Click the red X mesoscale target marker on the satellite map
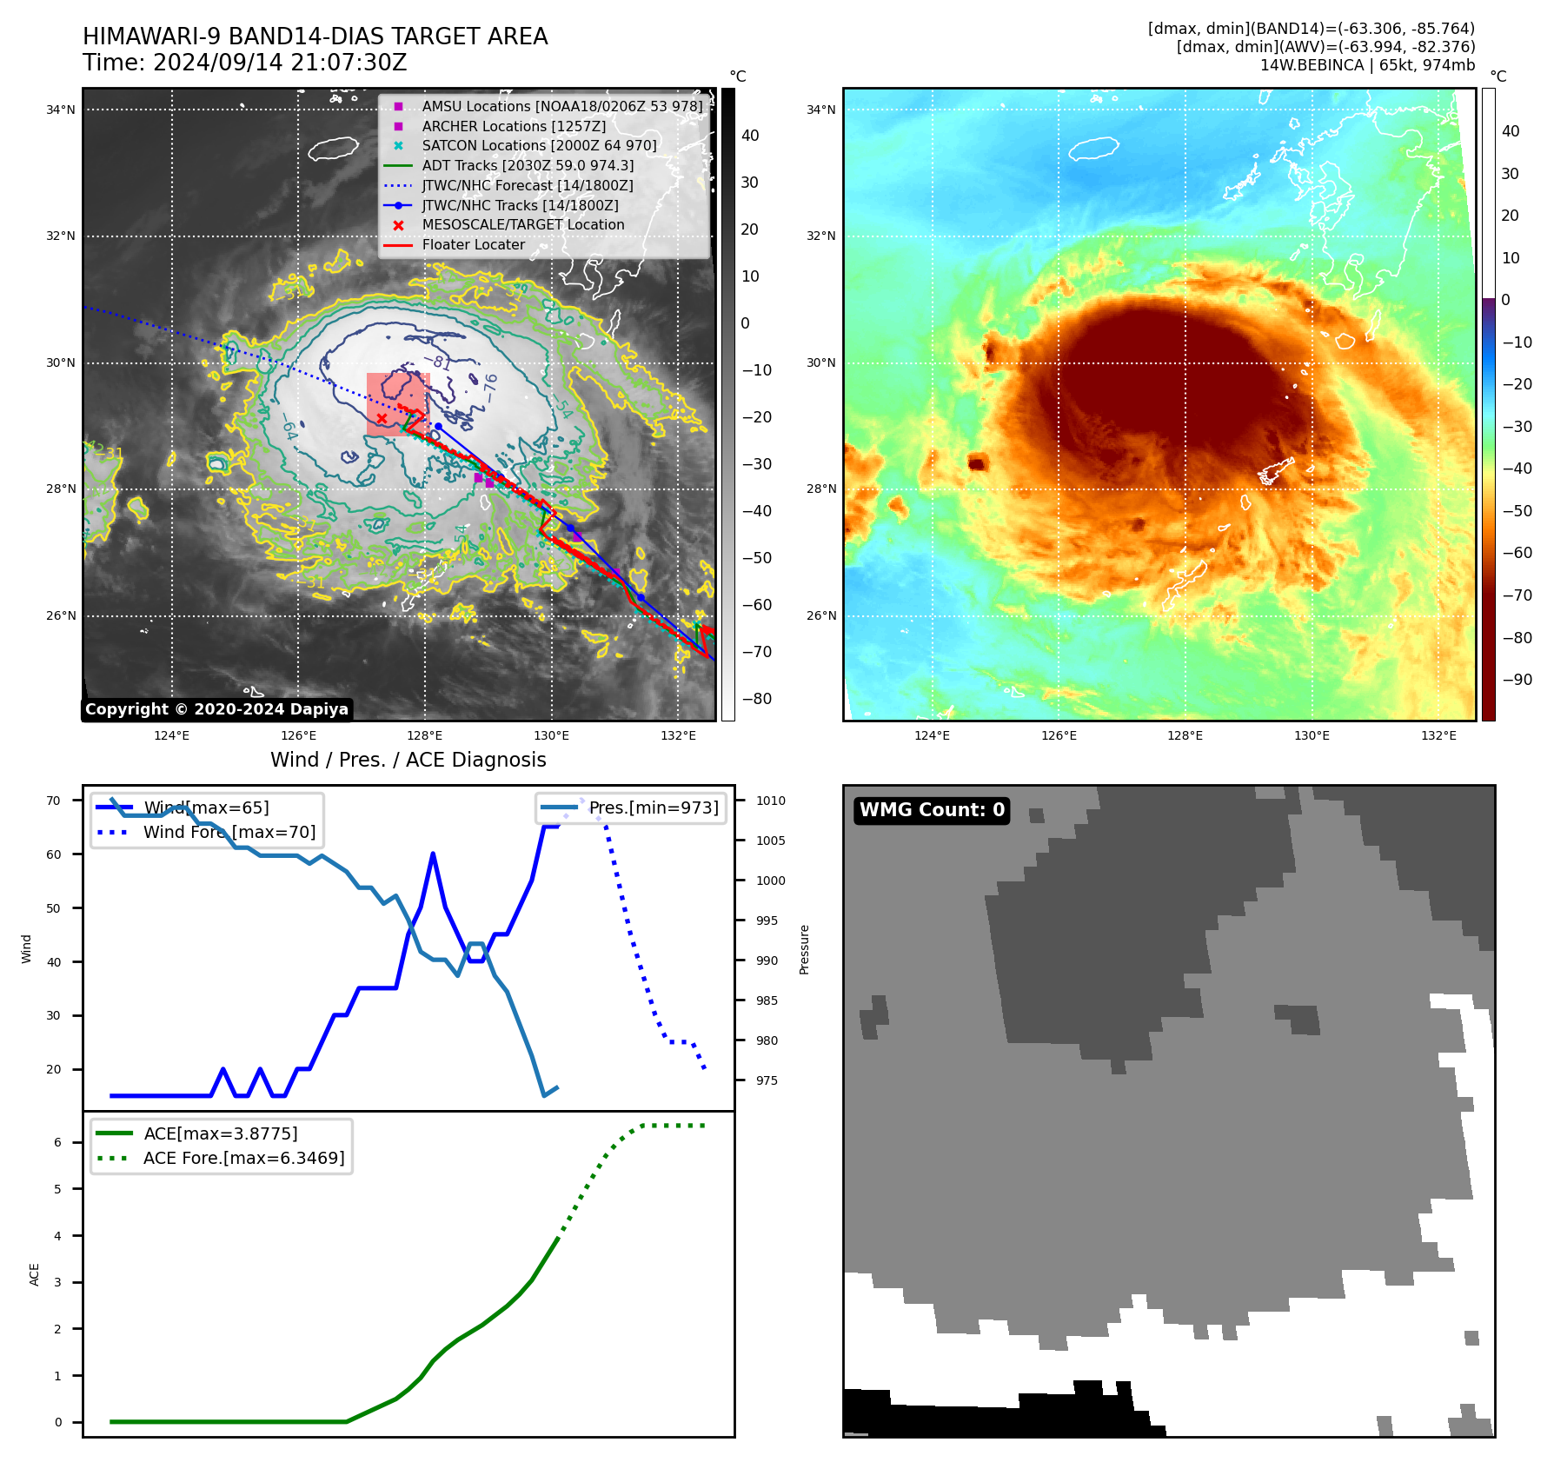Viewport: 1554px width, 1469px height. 382,419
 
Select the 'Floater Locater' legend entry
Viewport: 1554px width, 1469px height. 473,245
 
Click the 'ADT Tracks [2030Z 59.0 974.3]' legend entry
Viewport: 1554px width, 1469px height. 527,165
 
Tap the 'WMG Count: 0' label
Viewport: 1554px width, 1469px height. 932,810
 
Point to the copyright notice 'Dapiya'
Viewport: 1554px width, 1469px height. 216,709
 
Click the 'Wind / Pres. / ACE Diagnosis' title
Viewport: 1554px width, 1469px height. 408,760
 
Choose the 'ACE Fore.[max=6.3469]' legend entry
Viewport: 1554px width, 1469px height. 243,1158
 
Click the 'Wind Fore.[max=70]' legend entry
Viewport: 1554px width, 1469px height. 229,833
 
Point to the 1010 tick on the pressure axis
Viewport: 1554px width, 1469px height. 770,801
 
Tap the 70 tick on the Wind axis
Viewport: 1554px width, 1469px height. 54,801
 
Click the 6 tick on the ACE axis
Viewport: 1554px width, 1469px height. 58,1142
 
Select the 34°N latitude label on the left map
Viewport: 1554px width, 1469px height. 61,110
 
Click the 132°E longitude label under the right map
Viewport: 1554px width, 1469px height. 1438,736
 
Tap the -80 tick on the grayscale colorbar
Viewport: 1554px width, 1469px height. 756,699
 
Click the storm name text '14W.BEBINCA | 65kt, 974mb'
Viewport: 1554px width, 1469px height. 1367,65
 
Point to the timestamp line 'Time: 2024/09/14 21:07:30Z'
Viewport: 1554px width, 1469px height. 244,63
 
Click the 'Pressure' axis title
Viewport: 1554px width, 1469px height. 805,949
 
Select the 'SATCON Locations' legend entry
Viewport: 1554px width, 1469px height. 539,146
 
